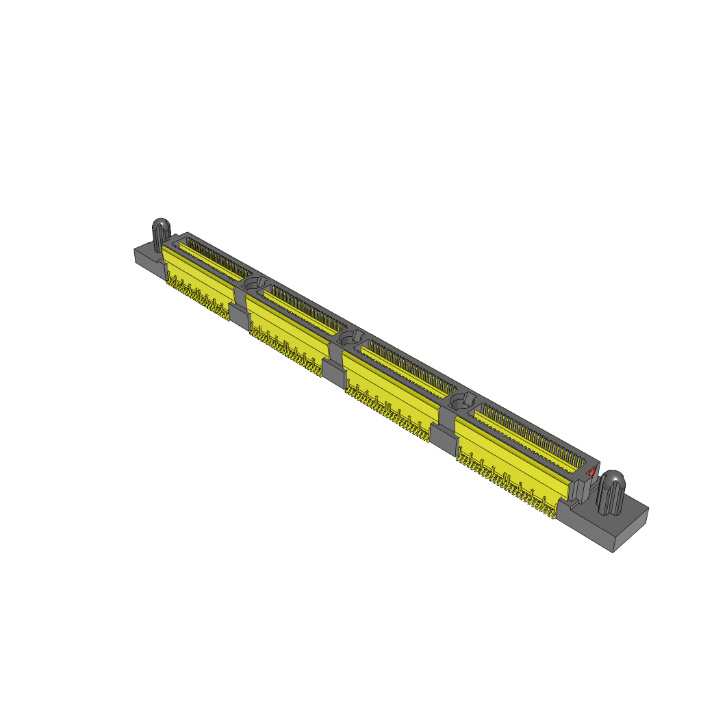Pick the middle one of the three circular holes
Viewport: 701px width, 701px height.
[351, 337]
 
